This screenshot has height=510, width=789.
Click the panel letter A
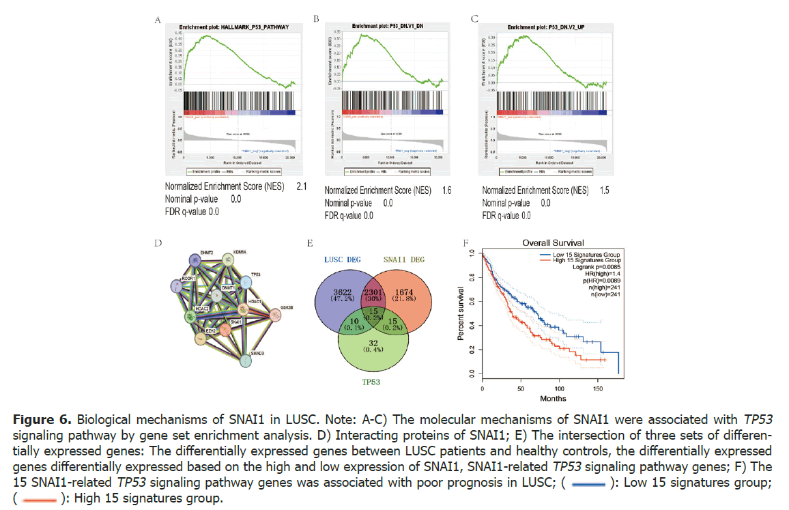coord(158,20)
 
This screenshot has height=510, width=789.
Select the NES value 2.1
coord(300,186)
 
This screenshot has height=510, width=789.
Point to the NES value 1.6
coord(446,190)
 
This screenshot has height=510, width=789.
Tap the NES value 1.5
coord(605,190)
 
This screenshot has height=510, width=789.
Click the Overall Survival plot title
coord(553,242)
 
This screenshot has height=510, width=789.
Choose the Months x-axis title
coord(553,399)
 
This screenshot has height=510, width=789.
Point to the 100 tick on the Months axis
coord(560,388)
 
